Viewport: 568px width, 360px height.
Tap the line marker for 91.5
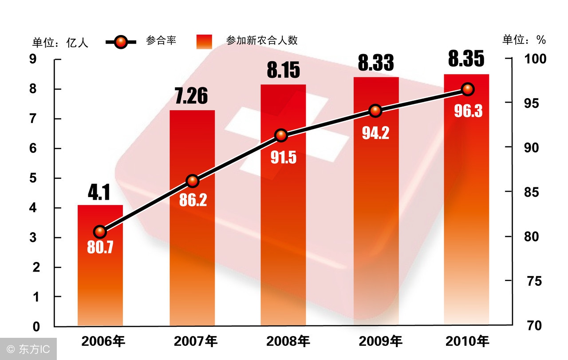[280, 135]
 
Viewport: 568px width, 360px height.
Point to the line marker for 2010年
[467, 89]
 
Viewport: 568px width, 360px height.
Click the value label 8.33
[376, 63]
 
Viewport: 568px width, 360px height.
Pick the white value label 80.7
[100, 247]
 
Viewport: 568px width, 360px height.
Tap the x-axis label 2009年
[380, 341]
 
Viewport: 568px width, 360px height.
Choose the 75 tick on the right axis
[532, 281]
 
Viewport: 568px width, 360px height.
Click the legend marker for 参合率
[121, 42]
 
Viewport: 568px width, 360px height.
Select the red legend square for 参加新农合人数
[204, 42]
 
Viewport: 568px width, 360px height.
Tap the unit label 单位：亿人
[60, 42]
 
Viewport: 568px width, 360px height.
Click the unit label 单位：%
[524, 40]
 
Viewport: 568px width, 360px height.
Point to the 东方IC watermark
[29, 349]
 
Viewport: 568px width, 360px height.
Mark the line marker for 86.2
[192, 181]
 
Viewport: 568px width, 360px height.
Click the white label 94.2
[375, 132]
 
